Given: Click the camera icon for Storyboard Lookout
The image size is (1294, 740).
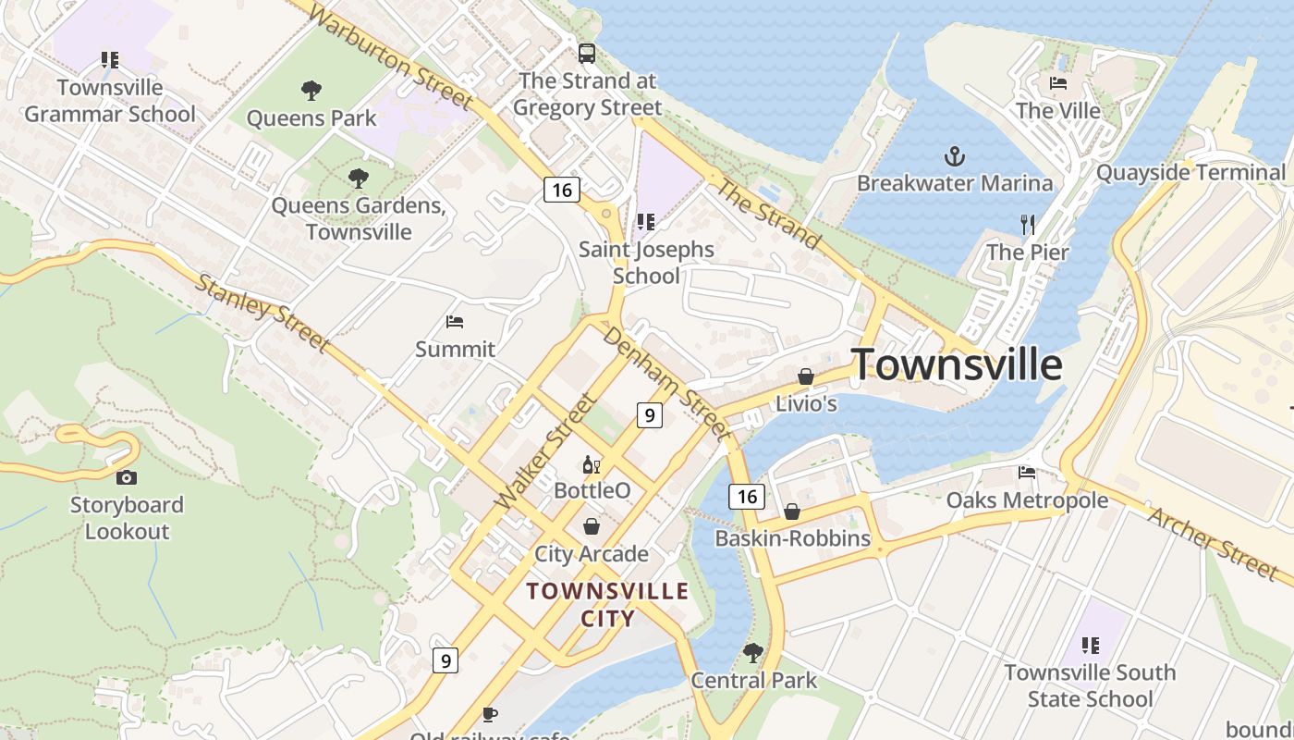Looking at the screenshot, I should (x=126, y=477).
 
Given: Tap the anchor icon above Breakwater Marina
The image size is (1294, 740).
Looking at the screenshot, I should (x=954, y=155).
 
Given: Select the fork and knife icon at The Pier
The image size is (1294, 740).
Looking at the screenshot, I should (x=1027, y=224).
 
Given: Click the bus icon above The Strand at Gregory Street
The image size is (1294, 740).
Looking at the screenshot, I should (x=586, y=54).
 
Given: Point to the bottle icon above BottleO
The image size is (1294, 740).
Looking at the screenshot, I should (x=591, y=463).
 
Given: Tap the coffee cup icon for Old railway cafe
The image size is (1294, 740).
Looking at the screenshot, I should (x=490, y=714).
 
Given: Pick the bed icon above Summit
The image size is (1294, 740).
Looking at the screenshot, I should (x=455, y=322).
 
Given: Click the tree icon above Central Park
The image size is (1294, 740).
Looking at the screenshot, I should (x=753, y=653).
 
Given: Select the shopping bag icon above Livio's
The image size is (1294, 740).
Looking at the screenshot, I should (x=806, y=376).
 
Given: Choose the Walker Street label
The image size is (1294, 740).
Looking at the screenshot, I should (x=544, y=450).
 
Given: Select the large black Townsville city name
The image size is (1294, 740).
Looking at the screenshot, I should (x=956, y=364).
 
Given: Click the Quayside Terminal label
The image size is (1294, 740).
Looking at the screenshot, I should (x=1190, y=172).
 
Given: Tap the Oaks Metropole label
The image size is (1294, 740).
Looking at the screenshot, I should (x=1027, y=500).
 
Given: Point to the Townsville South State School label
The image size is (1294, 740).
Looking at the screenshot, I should (x=1090, y=685).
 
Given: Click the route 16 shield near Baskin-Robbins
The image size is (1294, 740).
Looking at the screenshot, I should (x=747, y=497).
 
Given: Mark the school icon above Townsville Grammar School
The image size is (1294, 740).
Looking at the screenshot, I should (x=110, y=60).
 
